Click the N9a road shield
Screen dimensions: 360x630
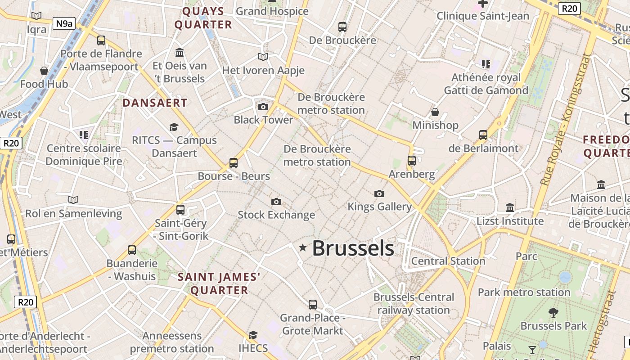pyautogui.click(x=64, y=23)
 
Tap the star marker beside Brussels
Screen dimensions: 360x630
pyautogui.click(x=303, y=247)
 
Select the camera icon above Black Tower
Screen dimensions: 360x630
pyautogui.click(x=263, y=107)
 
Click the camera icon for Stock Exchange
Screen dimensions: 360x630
pyautogui.click(x=276, y=202)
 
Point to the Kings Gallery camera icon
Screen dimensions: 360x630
pyautogui.click(x=379, y=193)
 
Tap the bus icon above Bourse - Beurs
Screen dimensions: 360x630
pyautogui.click(x=233, y=162)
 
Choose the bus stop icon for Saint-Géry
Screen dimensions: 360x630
pyautogui.click(x=180, y=209)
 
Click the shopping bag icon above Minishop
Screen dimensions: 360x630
pyautogui.click(x=435, y=112)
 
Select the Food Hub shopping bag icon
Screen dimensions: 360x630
pyautogui.click(x=44, y=71)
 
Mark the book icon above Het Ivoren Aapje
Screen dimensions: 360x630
pyautogui.click(x=263, y=57)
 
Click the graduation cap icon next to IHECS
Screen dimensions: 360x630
pyautogui.click(x=253, y=335)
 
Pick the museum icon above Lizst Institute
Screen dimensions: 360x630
pyautogui.click(x=510, y=207)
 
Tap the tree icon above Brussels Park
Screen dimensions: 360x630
pyautogui.click(x=553, y=312)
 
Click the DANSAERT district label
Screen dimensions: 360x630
pyautogui.click(x=155, y=103)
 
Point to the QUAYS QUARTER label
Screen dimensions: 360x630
pyautogui.click(x=203, y=18)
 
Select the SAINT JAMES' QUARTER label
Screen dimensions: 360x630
pyautogui.click(x=219, y=283)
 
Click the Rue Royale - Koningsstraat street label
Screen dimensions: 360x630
pyautogui.click(x=566, y=120)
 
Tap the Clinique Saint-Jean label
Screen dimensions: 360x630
pyautogui.click(x=483, y=16)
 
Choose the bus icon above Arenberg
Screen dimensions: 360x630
pyautogui.click(x=411, y=161)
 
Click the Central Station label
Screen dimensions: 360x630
pyautogui.click(x=448, y=261)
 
